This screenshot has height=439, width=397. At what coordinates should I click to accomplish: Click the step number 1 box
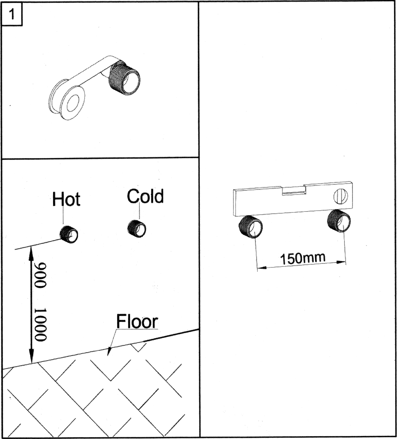tap(12, 14)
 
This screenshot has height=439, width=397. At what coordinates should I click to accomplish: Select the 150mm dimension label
tap(303, 258)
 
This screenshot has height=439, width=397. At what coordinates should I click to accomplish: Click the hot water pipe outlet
tap(69, 234)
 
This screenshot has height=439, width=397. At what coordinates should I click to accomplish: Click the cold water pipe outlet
tap(137, 228)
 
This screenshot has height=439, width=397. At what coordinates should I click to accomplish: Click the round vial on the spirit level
tap(341, 196)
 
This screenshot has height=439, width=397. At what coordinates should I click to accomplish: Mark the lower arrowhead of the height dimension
tap(31, 356)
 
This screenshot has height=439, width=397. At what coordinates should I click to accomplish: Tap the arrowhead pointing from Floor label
tap(109, 351)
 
